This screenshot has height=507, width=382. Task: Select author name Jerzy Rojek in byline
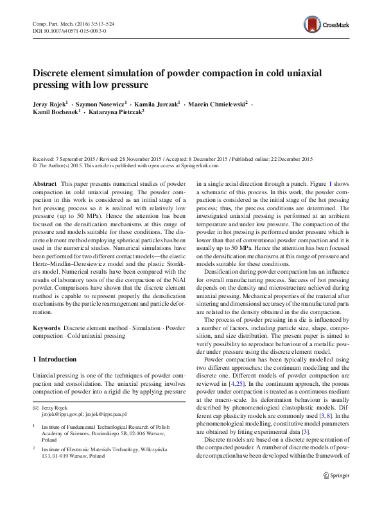[x=50, y=103]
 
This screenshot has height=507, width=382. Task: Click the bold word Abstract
[x=44, y=183]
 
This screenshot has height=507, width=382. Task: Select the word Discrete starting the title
[x=55, y=72]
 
